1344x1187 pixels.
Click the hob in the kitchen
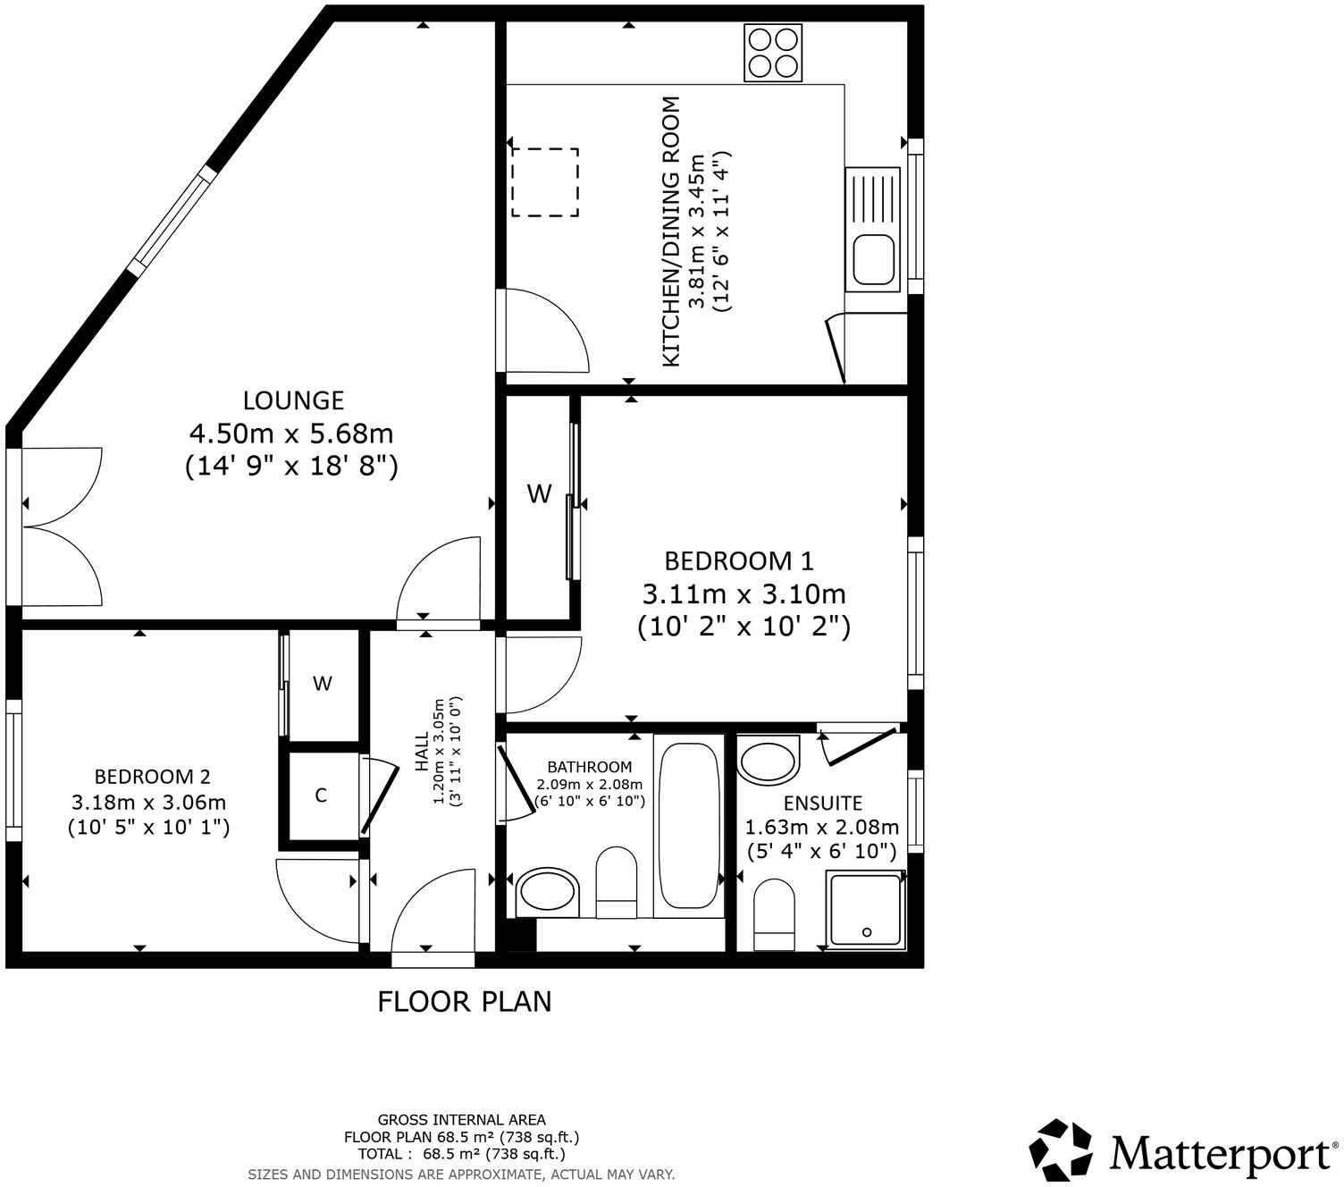pyautogui.click(x=773, y=53)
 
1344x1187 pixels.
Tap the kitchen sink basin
pyautogui.click(x=873, y=260)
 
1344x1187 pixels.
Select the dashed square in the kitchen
pyautogui.click(x=545, y=182)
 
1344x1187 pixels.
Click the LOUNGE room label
pyautogui.click(x=293, y=400)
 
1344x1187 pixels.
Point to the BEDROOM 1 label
pyautogui.click(x=739, y=561)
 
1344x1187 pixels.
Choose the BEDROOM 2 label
pyautogui.click(x=153, y=777)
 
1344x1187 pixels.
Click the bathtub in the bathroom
pyautogui.click(x=688, y=825)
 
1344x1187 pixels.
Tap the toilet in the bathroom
pyautogui.click(x=615, y=881)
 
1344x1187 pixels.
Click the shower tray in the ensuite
pyautogui.click(x=866, y=910)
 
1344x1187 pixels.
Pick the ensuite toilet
pyautogui.click(x=774, y=914)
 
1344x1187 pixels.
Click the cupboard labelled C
pyautogui.click(x=321, y=796)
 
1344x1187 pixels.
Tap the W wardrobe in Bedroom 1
pyautogui.click(x=539, y=493)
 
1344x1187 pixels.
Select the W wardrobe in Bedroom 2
pyautogui.click(x=323, y=684)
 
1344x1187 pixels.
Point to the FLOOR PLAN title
pyautogui.click(x=464, y=1001)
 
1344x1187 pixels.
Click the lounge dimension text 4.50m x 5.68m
pyautogui.click(x=291, y=434)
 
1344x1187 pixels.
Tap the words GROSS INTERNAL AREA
pyautogui.click(x=461, y=1119)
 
